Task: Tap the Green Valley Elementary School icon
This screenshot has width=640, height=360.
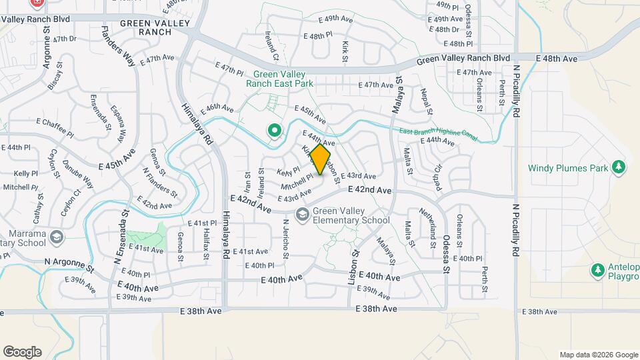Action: coord(303,213)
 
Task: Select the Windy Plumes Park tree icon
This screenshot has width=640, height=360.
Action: coord(619,167)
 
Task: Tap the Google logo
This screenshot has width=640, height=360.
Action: coord(22,351)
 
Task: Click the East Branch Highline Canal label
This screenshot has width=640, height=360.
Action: coord(439,133)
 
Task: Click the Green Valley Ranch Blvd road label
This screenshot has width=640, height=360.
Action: coord(463,59)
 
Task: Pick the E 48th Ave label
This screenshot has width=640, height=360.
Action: coord(557,59)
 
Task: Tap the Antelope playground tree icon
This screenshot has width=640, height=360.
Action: coord(597,270)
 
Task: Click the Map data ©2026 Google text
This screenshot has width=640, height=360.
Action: coord(598,355)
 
